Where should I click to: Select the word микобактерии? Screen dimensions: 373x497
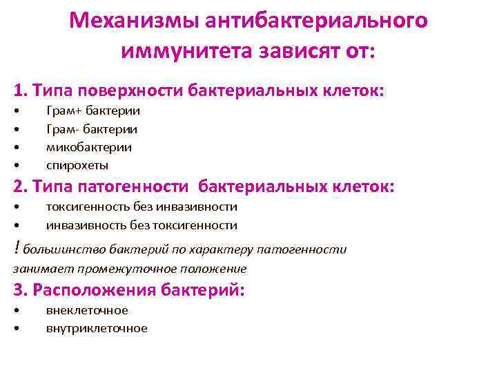[89, 147]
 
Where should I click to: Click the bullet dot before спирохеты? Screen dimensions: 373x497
[16, 166]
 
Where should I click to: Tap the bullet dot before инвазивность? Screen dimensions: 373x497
[16, 225]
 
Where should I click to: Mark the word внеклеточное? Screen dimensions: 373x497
[87, 310]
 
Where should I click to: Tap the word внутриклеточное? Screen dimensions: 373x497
[97, 328]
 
